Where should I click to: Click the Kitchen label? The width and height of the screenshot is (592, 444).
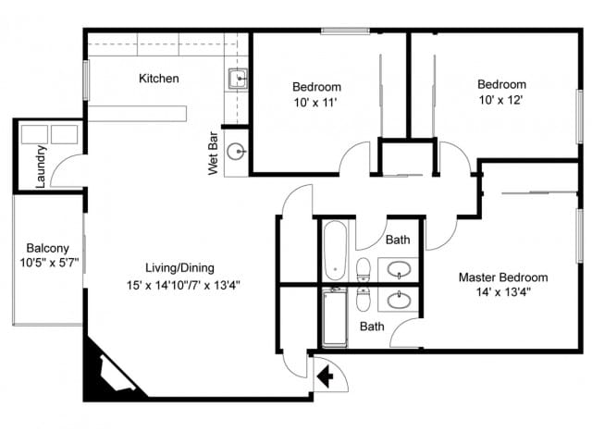coord(158,79)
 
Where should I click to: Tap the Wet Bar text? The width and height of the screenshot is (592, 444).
coord(214,154)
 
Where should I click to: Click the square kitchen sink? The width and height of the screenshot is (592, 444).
coord(237,78)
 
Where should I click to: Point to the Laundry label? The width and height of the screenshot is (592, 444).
coord(41,166)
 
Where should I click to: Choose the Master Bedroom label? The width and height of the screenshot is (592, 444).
coord(503,277)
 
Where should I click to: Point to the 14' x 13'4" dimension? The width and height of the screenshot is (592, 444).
coord(503,292)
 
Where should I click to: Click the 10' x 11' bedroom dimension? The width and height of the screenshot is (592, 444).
coord(316,103)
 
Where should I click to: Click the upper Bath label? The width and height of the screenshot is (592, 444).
coord(398,240)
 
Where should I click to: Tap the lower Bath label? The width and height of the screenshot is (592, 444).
coord(372,327)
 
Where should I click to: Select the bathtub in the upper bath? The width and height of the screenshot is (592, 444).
coord(334,250)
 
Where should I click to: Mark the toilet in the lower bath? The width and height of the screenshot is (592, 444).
coord(364,302)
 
